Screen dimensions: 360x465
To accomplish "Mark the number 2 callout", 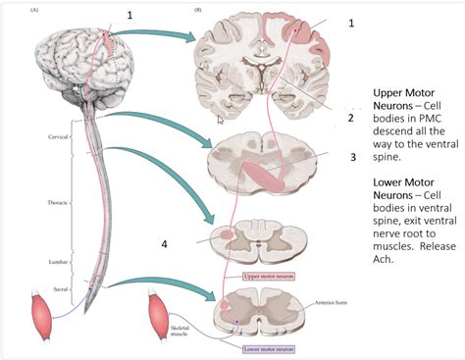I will [350, 118].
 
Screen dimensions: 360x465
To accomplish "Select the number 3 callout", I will [352, 156].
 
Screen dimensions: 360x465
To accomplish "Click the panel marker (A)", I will [35, 10].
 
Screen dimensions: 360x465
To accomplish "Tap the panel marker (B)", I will [197, 10].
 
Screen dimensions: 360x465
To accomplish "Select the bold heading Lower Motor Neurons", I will [401, 189].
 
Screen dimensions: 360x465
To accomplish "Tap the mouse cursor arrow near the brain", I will [220, 119].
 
